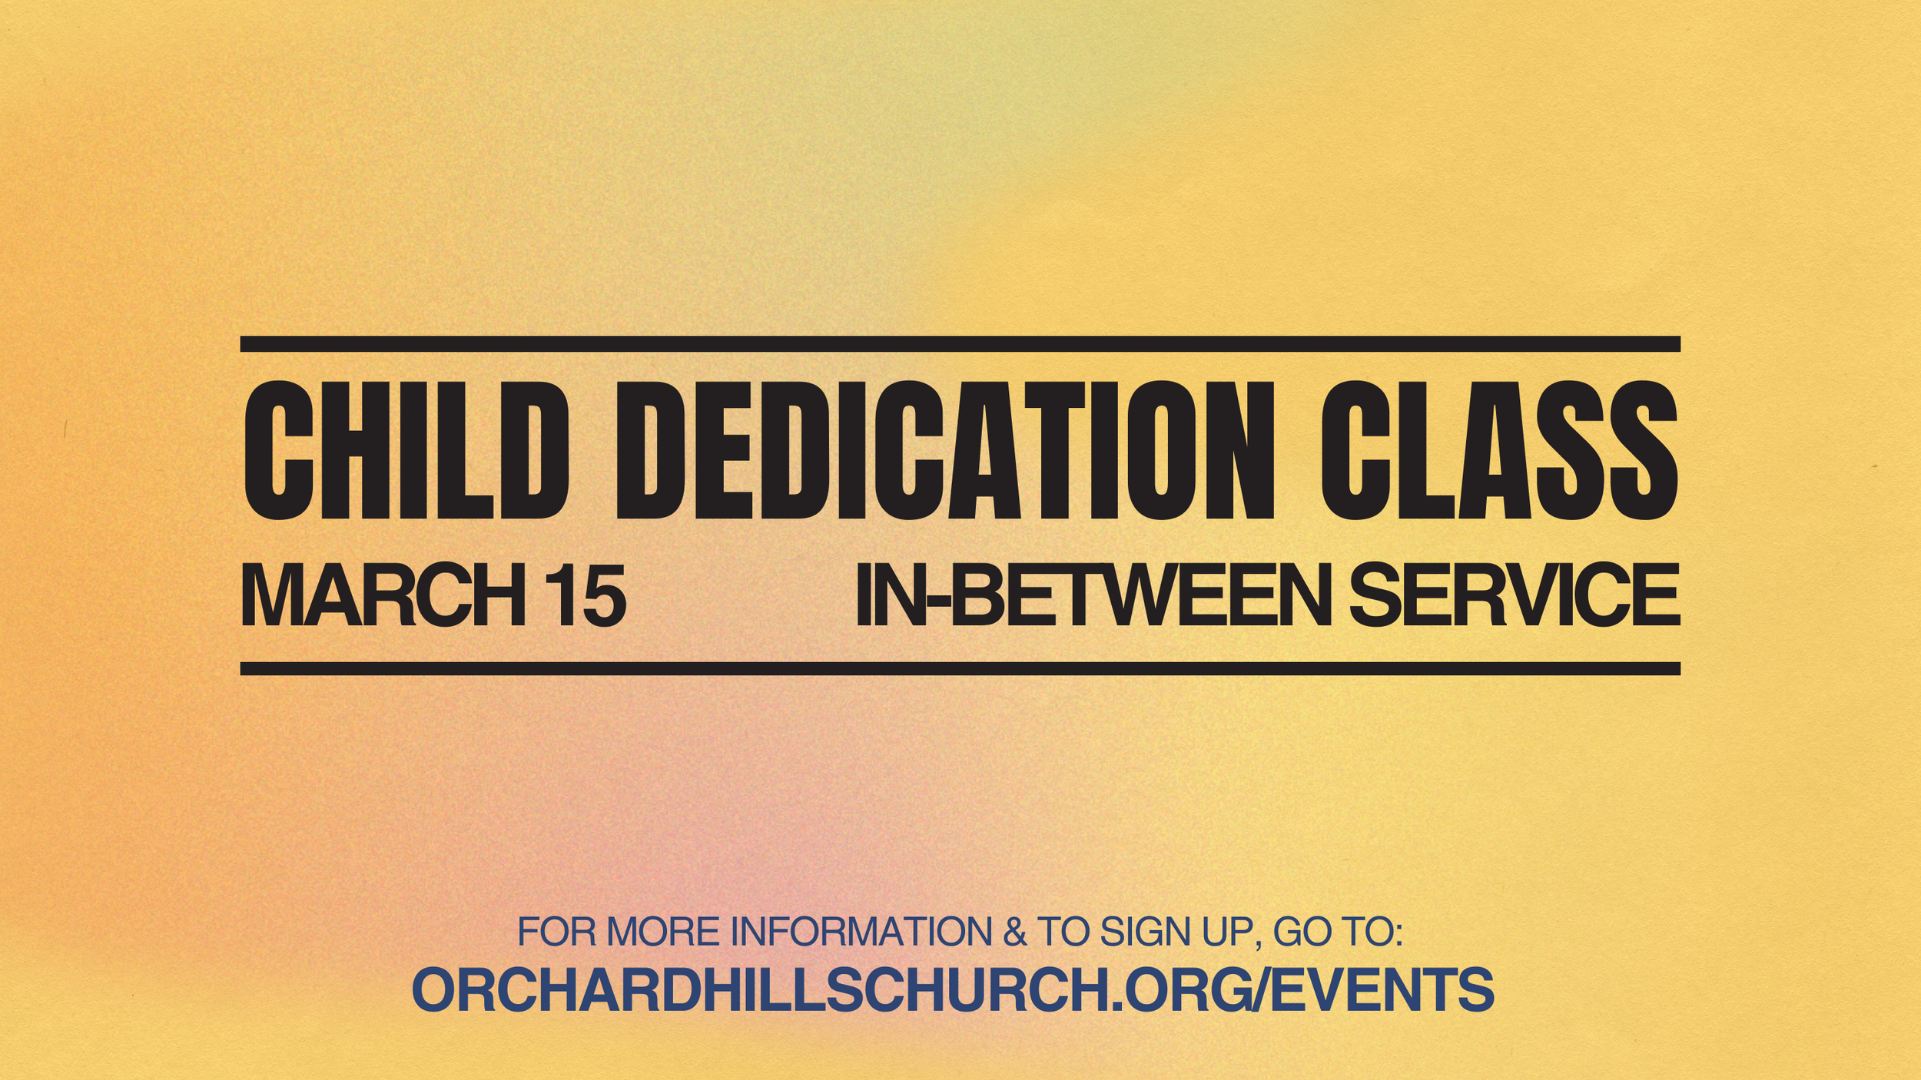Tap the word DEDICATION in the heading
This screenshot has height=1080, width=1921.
pyautogui.click(x=944, y=451)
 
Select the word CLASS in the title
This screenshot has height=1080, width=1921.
pyautogui.click(x=1498, y=451)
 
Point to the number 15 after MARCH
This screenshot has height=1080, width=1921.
pyautogui.click(x=588, y=595)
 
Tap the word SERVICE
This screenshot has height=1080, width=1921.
pyautogui.click(x=1514, y=595)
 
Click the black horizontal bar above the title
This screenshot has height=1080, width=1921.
pyautogui.click(x=960, y=344)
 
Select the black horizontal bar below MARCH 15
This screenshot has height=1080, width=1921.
pyautogui.click(x=960, y=668)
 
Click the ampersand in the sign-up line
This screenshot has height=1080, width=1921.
pyautogui.click(x=1015, y=933)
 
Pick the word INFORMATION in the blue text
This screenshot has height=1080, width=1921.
pyautogui.click(x=861, y=933)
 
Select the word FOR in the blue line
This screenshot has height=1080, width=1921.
pyautogui.click(x=556, y=933)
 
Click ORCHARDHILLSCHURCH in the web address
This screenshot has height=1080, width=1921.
pyautogui.click(x=761, y=991)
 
